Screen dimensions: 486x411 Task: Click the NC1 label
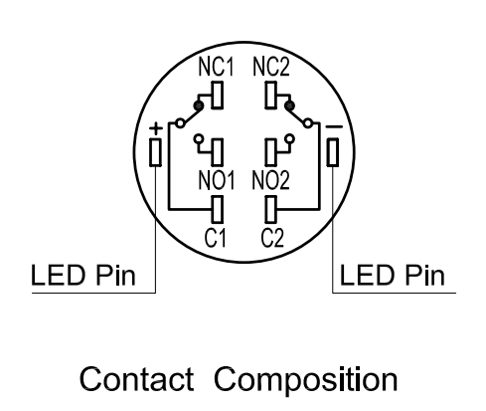click(216, 67)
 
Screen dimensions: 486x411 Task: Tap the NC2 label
click(271, 67)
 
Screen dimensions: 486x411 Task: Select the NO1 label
click(216, 180)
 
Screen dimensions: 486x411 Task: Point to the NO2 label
click(270, 180)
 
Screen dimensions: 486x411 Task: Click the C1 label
click(216, 238)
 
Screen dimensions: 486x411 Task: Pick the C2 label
click(272, 238)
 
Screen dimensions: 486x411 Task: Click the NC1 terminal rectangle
click(217, 96)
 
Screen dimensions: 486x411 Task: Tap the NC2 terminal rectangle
click(270, 96)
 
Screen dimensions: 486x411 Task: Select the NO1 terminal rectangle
click(217, 152)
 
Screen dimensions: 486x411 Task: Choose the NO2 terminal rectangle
click(270, 152)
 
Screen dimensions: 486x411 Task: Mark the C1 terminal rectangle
click(217, 209)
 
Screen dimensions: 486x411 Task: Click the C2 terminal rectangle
click(270, 209)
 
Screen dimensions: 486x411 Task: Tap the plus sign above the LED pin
click(156, 128)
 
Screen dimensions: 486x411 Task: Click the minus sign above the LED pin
click(334, 126)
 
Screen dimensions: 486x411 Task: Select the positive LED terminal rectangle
click(155, 152)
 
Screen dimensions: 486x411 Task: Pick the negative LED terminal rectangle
click(333, 152)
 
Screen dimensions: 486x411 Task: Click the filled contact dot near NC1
click(199, 105)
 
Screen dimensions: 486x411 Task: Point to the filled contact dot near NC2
click(289, 105)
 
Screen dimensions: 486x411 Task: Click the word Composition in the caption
click(305, 380)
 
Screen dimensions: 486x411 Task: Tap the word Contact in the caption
click(136, 379)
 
